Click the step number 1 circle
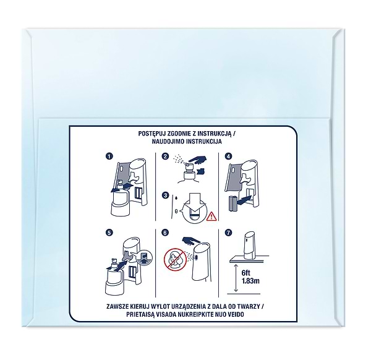click(x=109, y=156)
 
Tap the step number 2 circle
click(x=165, y=156)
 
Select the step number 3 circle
click(x=165, y=195)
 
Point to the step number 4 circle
click(x=229, y=156)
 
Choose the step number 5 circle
click(x=109, y=233)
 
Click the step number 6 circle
click(x=165, y=233)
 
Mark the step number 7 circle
click(x=228, y=233)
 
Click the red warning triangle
click(x=211, y=216)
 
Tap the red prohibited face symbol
click(x=174, y=259)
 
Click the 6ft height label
click(x=246, y=273)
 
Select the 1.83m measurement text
click(x=250, y=281)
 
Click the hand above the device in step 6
click(x=192, y=240)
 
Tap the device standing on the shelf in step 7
click(x=250, y=246)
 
